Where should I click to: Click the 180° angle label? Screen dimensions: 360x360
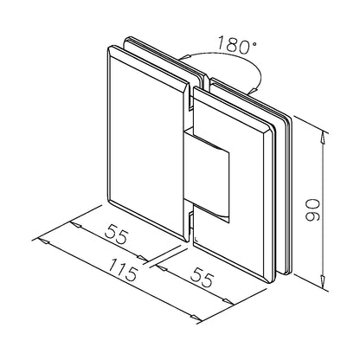point(236,45)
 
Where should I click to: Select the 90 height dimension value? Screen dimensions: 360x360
point(312,210)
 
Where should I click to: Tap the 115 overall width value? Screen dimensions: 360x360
point(123,270)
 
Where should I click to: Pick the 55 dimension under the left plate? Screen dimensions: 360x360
point(116,234)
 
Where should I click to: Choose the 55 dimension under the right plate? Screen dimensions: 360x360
point(202,277)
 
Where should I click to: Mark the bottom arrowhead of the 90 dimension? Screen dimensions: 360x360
point(324,280)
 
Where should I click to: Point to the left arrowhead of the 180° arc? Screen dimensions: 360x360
point(183,58)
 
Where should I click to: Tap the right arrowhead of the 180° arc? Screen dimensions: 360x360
point(254,90)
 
